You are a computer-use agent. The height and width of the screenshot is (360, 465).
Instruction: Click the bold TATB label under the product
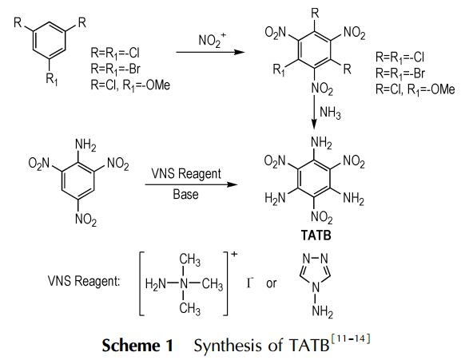click(x=316, y=235)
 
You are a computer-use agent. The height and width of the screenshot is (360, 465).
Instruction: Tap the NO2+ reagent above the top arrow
click(x=212, y=40)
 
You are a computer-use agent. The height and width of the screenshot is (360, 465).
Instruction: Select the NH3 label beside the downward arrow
click(x=330, y=113)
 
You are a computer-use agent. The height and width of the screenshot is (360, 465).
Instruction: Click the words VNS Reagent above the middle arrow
click(x=186, y=174)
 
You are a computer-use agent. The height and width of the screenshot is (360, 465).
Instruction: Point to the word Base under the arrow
click(x=185, y=195)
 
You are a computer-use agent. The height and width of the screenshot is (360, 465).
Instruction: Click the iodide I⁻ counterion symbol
click(x=249, y=283)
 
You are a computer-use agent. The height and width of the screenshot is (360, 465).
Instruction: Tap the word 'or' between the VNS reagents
click(x=272, y=283)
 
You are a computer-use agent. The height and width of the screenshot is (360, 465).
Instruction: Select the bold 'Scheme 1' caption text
click(x=137, y=346)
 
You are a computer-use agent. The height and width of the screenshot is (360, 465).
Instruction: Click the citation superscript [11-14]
click(x=350, y=338)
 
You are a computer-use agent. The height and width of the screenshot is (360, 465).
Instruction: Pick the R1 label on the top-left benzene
click(x=52, y=79)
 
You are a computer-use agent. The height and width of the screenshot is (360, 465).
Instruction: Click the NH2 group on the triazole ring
click(x=322, y=312)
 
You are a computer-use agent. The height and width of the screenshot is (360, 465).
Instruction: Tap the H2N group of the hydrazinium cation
click(x=155, y=284)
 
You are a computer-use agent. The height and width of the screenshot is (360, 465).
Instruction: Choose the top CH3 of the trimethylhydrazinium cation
click(x=190, y=261)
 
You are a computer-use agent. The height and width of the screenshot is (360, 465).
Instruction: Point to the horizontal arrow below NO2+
click(x=211, y=53)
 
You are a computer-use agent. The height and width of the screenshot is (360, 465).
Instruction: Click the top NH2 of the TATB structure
click(x=321, y=143)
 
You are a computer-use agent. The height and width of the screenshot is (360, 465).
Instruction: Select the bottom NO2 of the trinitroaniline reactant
click(x=86, y=220)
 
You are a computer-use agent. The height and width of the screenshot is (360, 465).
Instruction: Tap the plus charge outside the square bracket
click(x=234, y=254)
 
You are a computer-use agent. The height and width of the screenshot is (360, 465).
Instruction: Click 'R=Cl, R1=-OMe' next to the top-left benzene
click(x=130, y=85)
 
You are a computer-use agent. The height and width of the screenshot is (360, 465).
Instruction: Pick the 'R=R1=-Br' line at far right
click(x=400, y=73)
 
